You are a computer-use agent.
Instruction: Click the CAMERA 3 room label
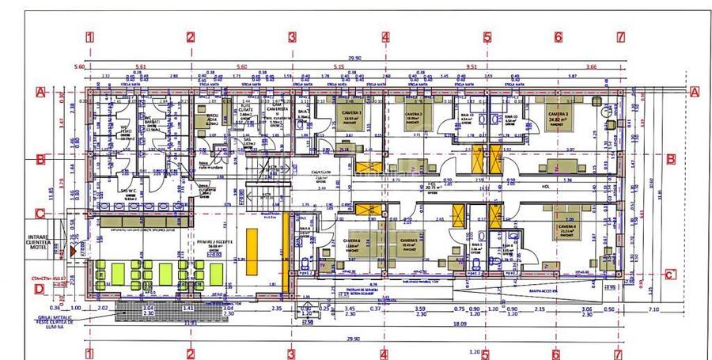tap(559, 115)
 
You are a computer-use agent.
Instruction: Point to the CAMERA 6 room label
tap(352, 242)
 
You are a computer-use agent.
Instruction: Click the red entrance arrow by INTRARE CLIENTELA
tap(72, 250)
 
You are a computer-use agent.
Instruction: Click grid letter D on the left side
tap(39, 289)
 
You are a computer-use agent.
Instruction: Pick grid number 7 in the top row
tap(621, 36)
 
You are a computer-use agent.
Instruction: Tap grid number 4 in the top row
tap(385, 36)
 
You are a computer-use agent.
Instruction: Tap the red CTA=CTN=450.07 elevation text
tap(50, 278)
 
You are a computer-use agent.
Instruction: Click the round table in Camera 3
tap(607, 112)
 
